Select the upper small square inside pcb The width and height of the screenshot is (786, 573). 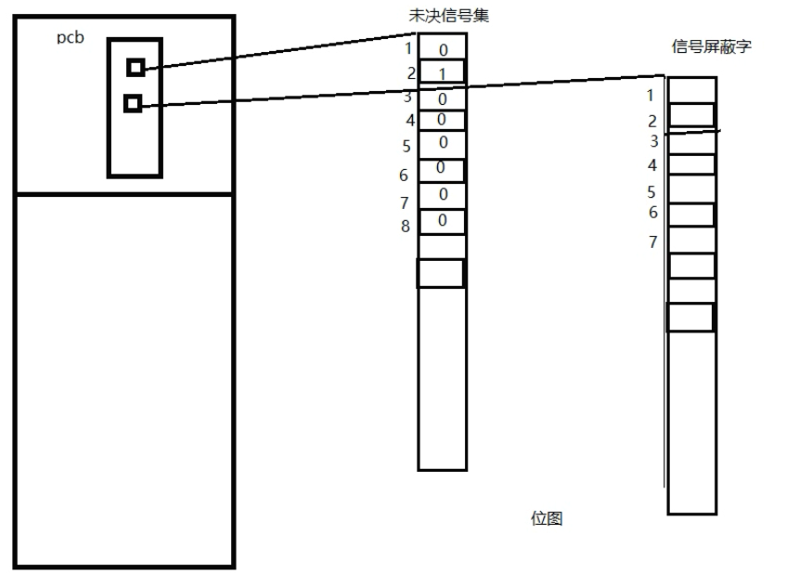click(136, 67)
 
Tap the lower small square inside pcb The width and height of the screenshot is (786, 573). click(133, 103)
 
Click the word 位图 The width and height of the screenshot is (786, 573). click(546, 517)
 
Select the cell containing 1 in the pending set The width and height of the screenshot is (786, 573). click(442, 72)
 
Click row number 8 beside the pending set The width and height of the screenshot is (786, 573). click(406, 225)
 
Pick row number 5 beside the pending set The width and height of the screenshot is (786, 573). click(406, 146)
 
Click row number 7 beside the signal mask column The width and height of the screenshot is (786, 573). click(652, 242)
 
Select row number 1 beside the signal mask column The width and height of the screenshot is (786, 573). click(651, 95)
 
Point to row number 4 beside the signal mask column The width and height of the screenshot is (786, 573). click(652, 165)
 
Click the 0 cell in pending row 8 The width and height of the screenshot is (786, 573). click(442, 221)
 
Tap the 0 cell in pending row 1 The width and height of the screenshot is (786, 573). click(443, 48)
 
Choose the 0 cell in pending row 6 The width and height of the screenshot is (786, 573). click(441, 169)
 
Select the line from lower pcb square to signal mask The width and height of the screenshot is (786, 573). click(399, 90)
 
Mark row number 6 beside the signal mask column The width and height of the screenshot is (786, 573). click(652, 212)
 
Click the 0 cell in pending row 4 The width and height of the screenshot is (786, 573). click(441, 119)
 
